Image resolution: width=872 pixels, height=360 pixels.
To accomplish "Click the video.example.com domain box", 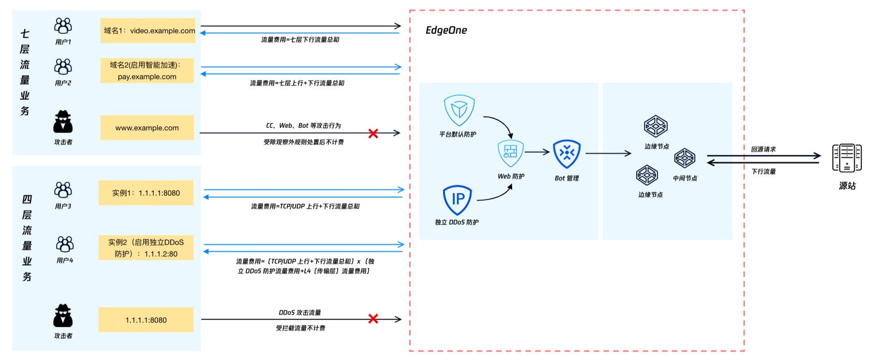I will pos(148,30).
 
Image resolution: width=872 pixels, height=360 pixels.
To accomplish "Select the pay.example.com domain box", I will pos(147,71).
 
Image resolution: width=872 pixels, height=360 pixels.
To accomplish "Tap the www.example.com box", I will pos(147,128).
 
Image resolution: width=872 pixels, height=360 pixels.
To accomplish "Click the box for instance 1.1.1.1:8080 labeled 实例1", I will pos(146,193).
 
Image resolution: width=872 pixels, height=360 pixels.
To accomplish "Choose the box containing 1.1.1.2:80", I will pos(146,248).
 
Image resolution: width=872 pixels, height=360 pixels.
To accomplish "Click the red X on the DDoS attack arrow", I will pos(373,318).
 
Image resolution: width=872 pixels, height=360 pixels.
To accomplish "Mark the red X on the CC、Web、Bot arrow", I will pos(373,133).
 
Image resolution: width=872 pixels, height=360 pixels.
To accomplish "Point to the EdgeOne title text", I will pos(446,30).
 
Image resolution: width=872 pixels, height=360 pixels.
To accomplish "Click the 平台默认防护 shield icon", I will pos(459,110).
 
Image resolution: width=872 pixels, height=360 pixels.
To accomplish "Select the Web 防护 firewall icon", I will pos(511,153).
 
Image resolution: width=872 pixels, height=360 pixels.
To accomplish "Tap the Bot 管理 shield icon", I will pos(567,154).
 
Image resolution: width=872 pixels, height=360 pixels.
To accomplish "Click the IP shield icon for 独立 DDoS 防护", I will pos(457,200).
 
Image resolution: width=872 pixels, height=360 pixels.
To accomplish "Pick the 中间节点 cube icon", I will pos(685,158).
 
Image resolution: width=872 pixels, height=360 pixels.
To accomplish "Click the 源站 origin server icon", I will pos(847,158).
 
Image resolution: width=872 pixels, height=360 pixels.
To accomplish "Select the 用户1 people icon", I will pos(63,26).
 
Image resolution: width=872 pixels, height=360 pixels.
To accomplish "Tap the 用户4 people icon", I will pos(65,244).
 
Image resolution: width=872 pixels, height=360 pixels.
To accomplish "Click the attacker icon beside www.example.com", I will pos(63,122).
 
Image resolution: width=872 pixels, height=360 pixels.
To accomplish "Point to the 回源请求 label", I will pos(763,149).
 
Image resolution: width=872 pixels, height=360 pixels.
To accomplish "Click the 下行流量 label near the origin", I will pos(764,172).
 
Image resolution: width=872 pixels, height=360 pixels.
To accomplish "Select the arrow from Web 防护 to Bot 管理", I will pos(537,152).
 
